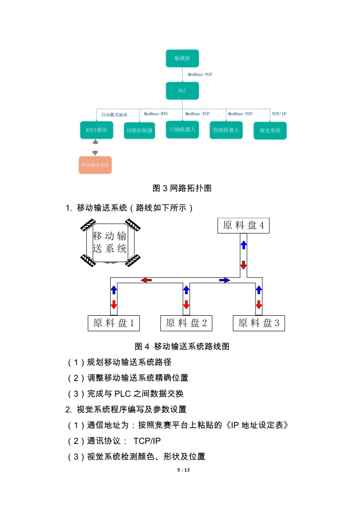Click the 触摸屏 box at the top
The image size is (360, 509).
182,59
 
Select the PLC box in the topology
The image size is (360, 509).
182,91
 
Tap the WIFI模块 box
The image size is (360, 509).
96,130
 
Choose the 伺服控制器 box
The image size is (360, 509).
139,131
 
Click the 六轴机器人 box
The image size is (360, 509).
182,130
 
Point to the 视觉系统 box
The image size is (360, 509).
270,131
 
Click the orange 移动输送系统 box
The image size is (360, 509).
95,165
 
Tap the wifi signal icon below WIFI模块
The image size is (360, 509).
95,153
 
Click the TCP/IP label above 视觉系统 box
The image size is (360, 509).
279,114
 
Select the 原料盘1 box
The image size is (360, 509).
113,323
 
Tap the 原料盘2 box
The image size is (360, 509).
186,323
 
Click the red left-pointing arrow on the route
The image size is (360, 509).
146,280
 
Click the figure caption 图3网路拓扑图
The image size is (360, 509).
182,188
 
